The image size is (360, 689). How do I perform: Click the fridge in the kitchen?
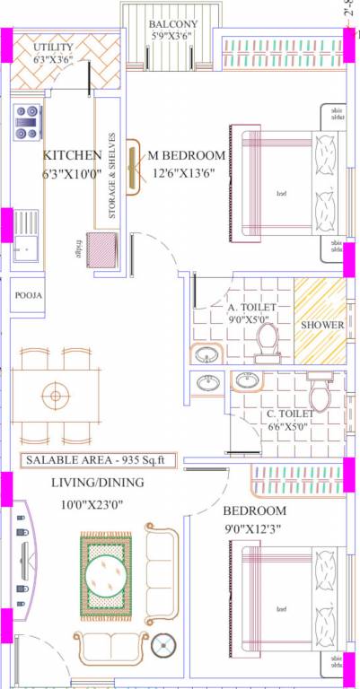coord(101,246)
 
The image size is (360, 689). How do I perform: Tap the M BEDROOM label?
coord(187,155)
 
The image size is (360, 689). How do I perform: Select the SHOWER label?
coord(320,324)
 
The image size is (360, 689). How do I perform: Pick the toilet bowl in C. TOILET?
coord(318,392)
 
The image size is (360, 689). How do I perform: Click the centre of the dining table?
coord(55,395)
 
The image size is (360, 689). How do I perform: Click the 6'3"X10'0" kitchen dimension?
coord(71,174)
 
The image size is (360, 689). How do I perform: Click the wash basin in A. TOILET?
coord(206,353)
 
